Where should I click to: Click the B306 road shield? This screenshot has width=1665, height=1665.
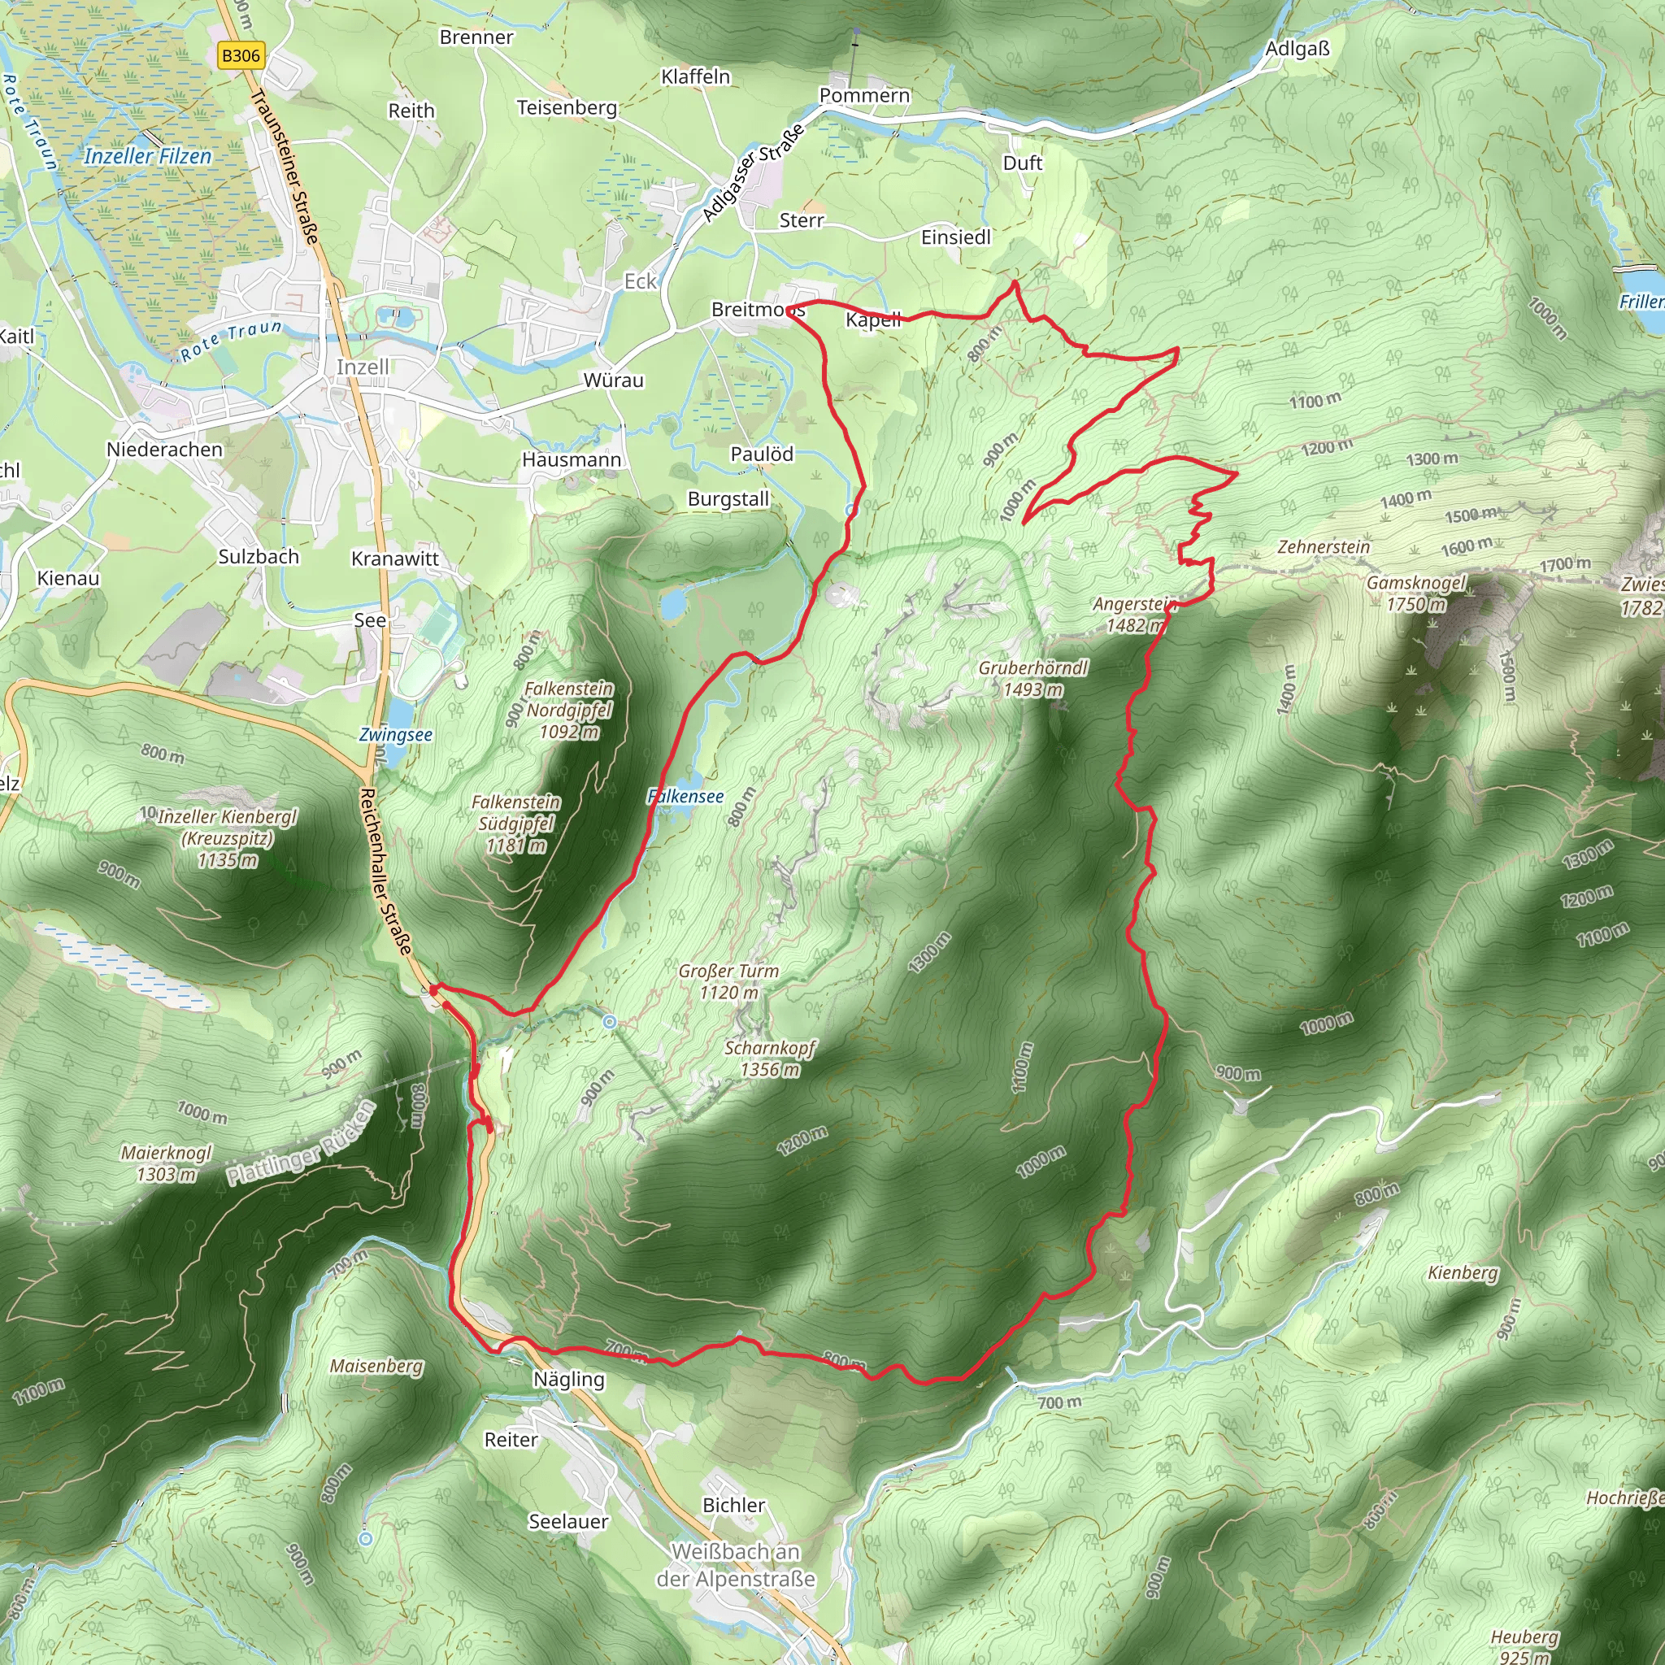[x=241, y=56]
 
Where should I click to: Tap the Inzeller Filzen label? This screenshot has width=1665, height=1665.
[x=147, y=156]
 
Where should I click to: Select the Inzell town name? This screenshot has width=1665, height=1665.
[x=362, y=367]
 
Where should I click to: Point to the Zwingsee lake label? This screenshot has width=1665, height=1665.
[x=396, y=734]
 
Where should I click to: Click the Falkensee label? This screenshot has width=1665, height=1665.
[x=686, y=796]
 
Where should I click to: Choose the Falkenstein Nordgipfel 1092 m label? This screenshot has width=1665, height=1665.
[x=569, y=710]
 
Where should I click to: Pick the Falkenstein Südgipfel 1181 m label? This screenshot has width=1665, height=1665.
[x=515, y=824]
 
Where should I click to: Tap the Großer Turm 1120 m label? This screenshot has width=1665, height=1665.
[x=728, y=981]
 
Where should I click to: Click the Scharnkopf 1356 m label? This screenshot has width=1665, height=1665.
[x=770, y=1059]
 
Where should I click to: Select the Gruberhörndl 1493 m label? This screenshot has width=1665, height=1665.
[x=1032, y=678]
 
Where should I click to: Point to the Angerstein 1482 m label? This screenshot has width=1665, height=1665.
[x=1132, y=615]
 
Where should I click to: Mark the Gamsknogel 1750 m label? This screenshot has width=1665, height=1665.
[x=1415, y=593]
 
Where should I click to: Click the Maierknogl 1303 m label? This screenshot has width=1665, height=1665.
[x=167, y=1163]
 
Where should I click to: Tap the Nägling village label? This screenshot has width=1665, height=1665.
[x=569, y=1379]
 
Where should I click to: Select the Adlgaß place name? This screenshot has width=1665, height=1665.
[x=1297, y=48]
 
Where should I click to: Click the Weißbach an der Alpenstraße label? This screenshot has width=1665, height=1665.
[x=735, y=1565]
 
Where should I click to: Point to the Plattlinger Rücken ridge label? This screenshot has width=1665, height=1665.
[x=301, y=1144]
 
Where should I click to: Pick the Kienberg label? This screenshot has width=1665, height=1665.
[x=1463, y=1273]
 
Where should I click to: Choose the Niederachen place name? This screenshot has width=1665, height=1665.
[x=164, y=449]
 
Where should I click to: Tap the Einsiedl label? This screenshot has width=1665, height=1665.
[x=956, y=237]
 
